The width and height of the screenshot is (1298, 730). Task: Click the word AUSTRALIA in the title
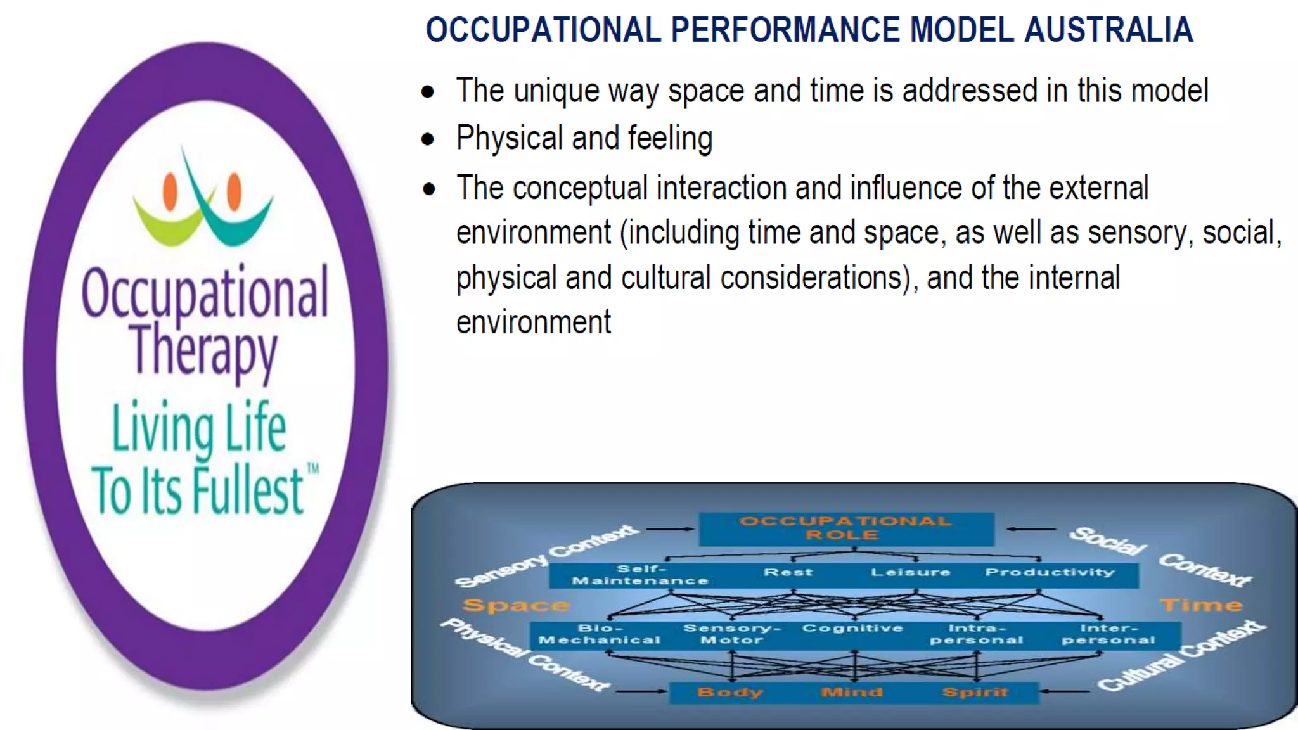(1108, 30)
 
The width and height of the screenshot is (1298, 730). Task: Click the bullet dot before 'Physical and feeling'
(428, 139)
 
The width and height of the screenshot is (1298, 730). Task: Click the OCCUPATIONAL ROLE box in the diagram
(845, 528)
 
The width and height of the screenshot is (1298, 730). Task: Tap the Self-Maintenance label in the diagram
(640, 575)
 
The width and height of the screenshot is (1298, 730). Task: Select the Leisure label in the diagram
(910, 572)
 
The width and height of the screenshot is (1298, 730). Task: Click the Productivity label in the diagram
(1050, 572)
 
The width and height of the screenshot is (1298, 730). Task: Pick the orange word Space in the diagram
(515, 605)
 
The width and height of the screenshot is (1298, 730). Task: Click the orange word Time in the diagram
(1201, 605)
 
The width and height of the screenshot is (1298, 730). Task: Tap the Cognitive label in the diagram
(852, 628)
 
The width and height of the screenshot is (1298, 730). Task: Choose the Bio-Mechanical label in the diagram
(599, 634)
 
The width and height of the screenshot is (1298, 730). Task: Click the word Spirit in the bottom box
(975, 692)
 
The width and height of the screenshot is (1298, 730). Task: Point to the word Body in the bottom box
(730, 692)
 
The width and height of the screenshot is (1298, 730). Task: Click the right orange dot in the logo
(234, 191)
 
